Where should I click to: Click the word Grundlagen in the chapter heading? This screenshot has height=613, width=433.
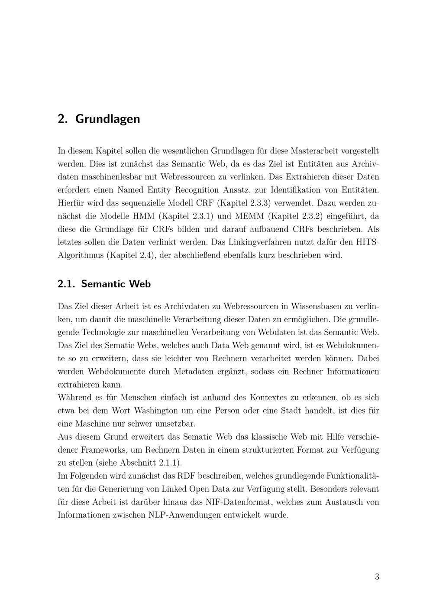[107, 119]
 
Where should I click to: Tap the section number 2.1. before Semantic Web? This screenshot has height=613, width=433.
[66, 284]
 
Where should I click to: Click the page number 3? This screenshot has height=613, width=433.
[377, 577]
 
